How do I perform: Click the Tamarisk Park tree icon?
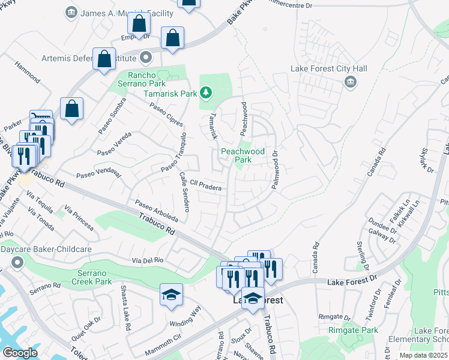206,92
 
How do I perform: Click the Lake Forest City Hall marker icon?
350,82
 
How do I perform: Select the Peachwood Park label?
243,156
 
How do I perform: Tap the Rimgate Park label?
353,330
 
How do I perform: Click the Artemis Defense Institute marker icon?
145,58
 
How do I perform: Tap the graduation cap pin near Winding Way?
171,296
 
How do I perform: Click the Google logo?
20,353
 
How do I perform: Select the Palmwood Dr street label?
276,170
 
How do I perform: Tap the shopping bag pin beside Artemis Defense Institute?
104,59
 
